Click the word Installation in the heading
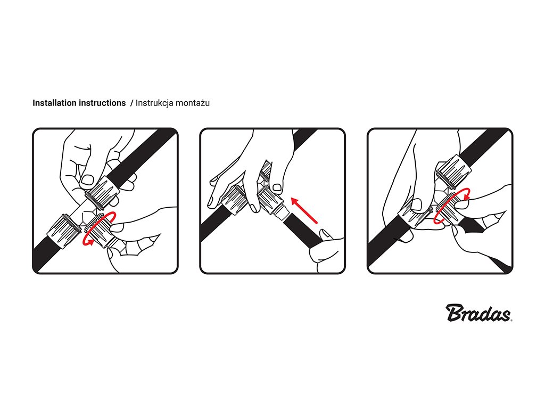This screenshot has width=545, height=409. [55, 103]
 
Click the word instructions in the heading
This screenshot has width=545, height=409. [102, 103]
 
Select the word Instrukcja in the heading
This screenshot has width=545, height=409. [154, 103]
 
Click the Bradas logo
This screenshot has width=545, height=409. [479, 313]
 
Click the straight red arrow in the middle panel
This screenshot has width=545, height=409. [304, 210]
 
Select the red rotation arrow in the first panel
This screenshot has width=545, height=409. [99, 228]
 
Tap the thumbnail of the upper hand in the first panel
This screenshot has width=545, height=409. [87, 179]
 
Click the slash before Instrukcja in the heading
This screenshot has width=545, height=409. [131, 103]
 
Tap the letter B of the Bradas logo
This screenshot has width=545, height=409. [456, 313]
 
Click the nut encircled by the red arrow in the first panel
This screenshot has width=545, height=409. [99, 228]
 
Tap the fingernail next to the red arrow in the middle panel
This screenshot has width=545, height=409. [277, 187]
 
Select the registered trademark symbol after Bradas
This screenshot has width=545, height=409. [511, 320]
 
